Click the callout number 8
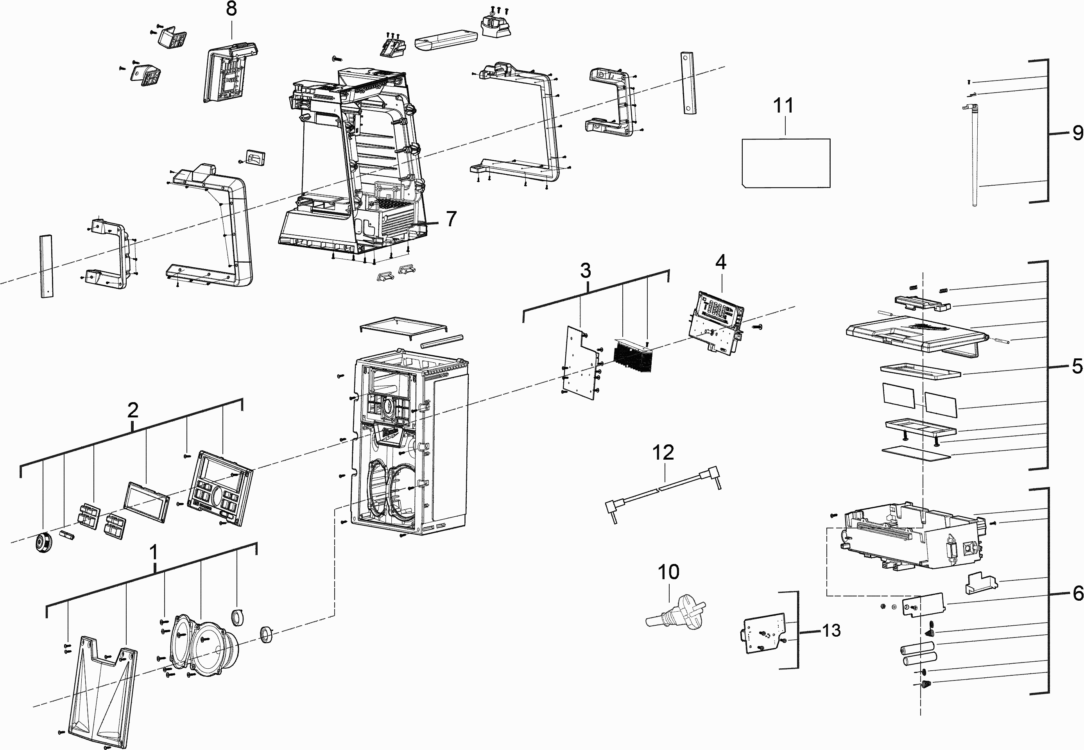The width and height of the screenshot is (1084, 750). coord(231,9)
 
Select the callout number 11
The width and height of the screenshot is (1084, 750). coord(783,106)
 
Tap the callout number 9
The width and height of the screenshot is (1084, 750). coord(1077,133)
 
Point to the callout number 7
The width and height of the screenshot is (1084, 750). coord(451,218)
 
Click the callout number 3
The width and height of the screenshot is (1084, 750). coord(585,271)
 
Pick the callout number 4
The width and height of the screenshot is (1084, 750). coord(720,262)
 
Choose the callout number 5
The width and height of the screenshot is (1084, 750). coord(1077,367)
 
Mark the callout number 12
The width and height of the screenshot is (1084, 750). coord(663,453)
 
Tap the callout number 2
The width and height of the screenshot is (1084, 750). coord(133,411)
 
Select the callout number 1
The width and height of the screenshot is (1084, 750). coord(153,553)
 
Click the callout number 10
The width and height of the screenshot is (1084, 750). coord(668,572)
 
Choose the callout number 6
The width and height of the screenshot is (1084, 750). coord(1078,594)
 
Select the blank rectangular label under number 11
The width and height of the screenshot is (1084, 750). coord(785,163)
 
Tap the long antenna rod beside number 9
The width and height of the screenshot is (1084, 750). coord(974,155)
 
